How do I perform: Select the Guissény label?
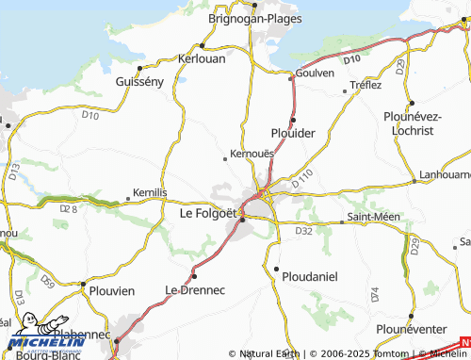tap(139, 82)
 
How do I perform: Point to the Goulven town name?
tap(315, 73)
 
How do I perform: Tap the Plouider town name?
tap(293, 133)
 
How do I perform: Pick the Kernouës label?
tap(252, 153)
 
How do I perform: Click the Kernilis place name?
tap(150, 192)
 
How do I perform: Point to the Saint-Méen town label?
tap(374, 217)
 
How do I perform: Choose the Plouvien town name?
tap(113, 291)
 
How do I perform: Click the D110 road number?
tap(301, 176)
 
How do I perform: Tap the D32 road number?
tap(303, 230)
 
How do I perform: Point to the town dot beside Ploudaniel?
tap(276, 270)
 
